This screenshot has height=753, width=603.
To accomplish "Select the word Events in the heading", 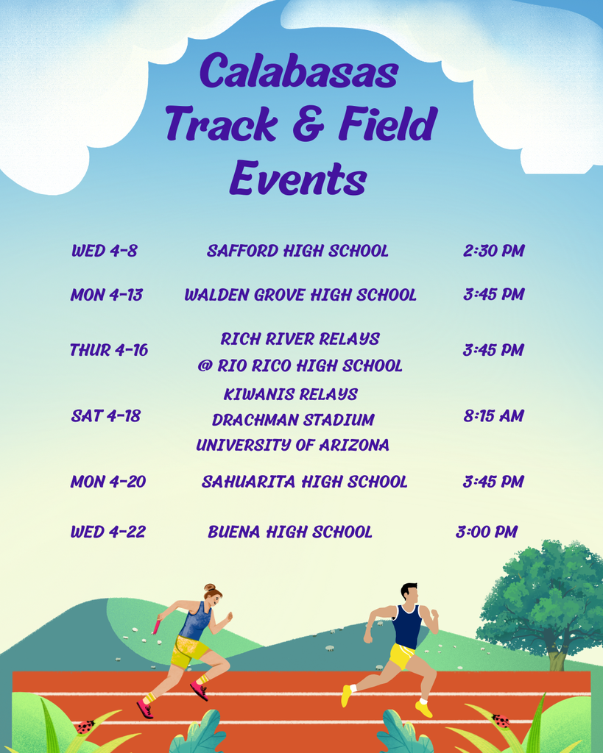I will [x=298, y=178].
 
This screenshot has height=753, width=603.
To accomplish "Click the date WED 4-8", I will [x=104, y=251].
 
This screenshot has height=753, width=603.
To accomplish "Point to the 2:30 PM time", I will [x=493, y=251].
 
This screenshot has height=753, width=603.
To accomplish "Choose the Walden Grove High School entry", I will [x=300, y=295].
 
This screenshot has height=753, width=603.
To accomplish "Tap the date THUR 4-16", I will [x=108, y=350].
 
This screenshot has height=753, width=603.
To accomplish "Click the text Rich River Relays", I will [x=300, y=339].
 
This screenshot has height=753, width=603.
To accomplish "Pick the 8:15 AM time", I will [x=493, y=416].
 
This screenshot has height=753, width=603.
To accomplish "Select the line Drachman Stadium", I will [x=293, y=420].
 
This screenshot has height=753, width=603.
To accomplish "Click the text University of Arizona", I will [x=292, y=445].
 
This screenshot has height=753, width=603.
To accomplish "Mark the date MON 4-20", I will [x=107, y=482].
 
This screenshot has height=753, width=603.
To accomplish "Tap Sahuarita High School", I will [x=304, y=482].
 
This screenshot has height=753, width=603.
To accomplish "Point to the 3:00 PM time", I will [x=486, y=532].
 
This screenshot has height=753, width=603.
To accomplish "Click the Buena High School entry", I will [x=290, y=532].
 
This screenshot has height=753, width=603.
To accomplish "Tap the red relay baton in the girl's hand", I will [x=156, y=626].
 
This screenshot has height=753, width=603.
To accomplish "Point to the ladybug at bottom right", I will [x=501, y=721].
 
